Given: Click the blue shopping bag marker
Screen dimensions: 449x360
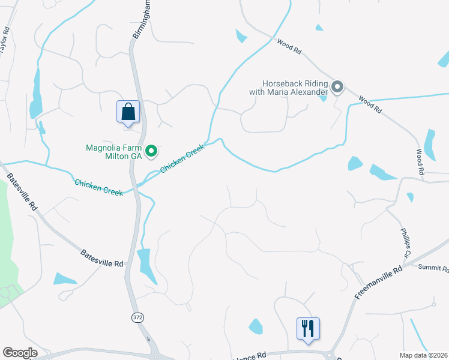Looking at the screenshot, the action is point(128,112).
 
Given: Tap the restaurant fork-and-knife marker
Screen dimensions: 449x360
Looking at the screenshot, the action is point(308,328).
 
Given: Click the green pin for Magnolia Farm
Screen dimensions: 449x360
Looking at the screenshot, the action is point(152,151).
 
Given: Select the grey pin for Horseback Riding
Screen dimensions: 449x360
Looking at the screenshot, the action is point(337,88).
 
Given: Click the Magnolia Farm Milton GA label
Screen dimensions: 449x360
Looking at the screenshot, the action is point(114,152).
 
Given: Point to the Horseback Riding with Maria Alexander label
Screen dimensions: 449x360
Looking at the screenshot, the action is point(289,88).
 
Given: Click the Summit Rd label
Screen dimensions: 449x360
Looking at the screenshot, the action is point(433,268).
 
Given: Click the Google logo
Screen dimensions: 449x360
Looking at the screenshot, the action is point(20,353).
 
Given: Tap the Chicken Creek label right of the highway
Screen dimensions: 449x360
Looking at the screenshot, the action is point(182,158).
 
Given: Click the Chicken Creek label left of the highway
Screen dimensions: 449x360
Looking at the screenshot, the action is point(98,187).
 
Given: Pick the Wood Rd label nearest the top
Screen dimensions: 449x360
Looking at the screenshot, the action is point(289,47).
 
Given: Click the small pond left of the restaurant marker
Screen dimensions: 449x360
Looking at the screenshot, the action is point(256,326).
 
